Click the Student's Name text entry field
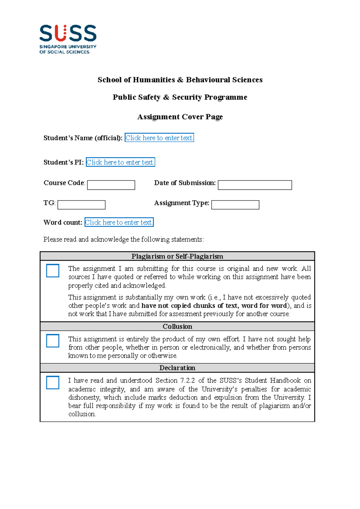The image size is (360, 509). [x=159, y=138]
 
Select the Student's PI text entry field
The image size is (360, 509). [x=120, y=162]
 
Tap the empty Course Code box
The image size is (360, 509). [x=111, y=185]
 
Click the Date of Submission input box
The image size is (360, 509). [x=255, y=185]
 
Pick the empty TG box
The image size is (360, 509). [x=81, y=205]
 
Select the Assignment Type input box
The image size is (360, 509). [x=235, y=205]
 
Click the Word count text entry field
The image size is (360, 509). [x=119, y=222]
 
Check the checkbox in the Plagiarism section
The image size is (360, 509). [x=53, y=271]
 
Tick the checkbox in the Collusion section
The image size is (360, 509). [x=53, y=341]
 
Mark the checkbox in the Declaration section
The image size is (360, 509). [x=53, y=382]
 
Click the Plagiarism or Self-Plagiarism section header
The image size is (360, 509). [x=177, y=256]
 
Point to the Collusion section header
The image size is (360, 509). [x=177, y=326]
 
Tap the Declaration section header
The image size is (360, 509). [x=177, y=368]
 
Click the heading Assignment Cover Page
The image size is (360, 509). [x=180, y=117]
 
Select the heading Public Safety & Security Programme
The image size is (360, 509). [x=180, y=97]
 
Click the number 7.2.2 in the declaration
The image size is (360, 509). [x=187, y=380]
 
